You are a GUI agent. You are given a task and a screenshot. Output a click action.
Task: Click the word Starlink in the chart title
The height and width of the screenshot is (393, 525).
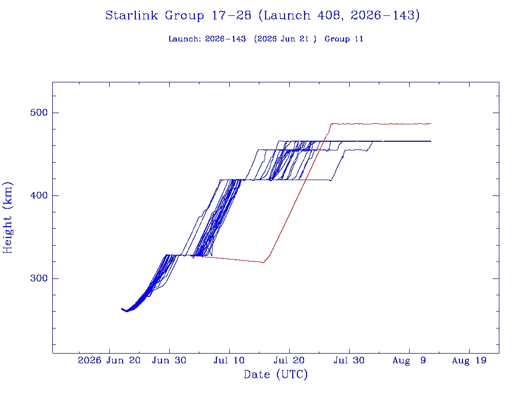131,15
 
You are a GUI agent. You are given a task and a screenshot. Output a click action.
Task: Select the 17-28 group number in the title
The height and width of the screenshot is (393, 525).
231,15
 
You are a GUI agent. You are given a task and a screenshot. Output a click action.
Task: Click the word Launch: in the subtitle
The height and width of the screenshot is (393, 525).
185,39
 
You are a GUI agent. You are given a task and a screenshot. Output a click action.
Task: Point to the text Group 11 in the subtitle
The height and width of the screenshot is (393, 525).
344,39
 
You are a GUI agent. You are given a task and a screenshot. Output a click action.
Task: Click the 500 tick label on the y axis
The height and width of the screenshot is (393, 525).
39,113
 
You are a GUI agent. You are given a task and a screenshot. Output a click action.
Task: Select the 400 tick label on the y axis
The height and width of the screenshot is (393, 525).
39,195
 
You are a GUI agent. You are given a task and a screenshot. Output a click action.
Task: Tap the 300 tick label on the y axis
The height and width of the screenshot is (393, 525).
39,278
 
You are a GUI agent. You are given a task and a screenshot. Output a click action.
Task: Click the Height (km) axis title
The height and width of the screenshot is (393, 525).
7,217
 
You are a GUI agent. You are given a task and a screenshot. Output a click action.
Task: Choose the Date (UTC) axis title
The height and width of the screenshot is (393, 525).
275,375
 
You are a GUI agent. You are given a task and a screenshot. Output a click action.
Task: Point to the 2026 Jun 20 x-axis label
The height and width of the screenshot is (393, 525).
109,361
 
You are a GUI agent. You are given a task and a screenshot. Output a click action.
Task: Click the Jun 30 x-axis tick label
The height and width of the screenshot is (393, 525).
169,361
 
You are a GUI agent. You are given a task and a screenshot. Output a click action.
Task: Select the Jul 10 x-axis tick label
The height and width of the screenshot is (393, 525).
229,361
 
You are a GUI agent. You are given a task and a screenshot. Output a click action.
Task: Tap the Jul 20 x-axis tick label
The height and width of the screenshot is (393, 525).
289,361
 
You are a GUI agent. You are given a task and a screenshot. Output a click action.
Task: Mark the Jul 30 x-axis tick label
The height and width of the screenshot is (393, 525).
349,361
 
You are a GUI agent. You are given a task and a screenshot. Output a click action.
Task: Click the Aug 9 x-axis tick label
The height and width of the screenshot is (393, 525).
409,361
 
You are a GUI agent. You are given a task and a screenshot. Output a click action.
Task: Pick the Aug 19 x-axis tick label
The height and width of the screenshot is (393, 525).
469,361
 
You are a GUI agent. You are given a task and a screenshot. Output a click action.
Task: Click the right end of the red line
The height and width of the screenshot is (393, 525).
431,124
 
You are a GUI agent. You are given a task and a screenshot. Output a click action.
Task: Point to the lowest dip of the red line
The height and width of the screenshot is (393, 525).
263,263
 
